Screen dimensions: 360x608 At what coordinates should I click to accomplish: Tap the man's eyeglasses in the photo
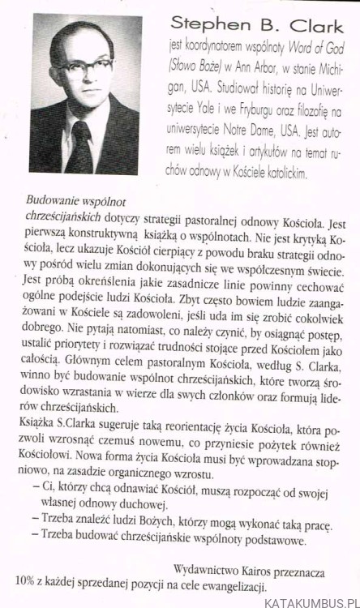click(79, 75)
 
